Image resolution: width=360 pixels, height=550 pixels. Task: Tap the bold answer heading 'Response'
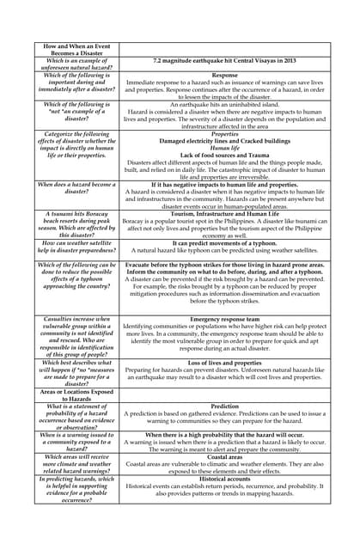[224, 76]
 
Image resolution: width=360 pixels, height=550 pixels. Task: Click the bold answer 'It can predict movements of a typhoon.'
[224, 242]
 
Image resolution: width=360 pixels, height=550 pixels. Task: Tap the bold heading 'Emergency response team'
[224, 319]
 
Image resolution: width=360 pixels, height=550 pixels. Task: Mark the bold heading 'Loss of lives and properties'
[224, 363]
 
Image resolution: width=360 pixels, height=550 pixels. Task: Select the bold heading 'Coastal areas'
[224, 455]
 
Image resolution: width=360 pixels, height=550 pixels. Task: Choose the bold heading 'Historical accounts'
[224, 480]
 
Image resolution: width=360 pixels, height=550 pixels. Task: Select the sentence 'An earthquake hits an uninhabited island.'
[224, 105]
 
